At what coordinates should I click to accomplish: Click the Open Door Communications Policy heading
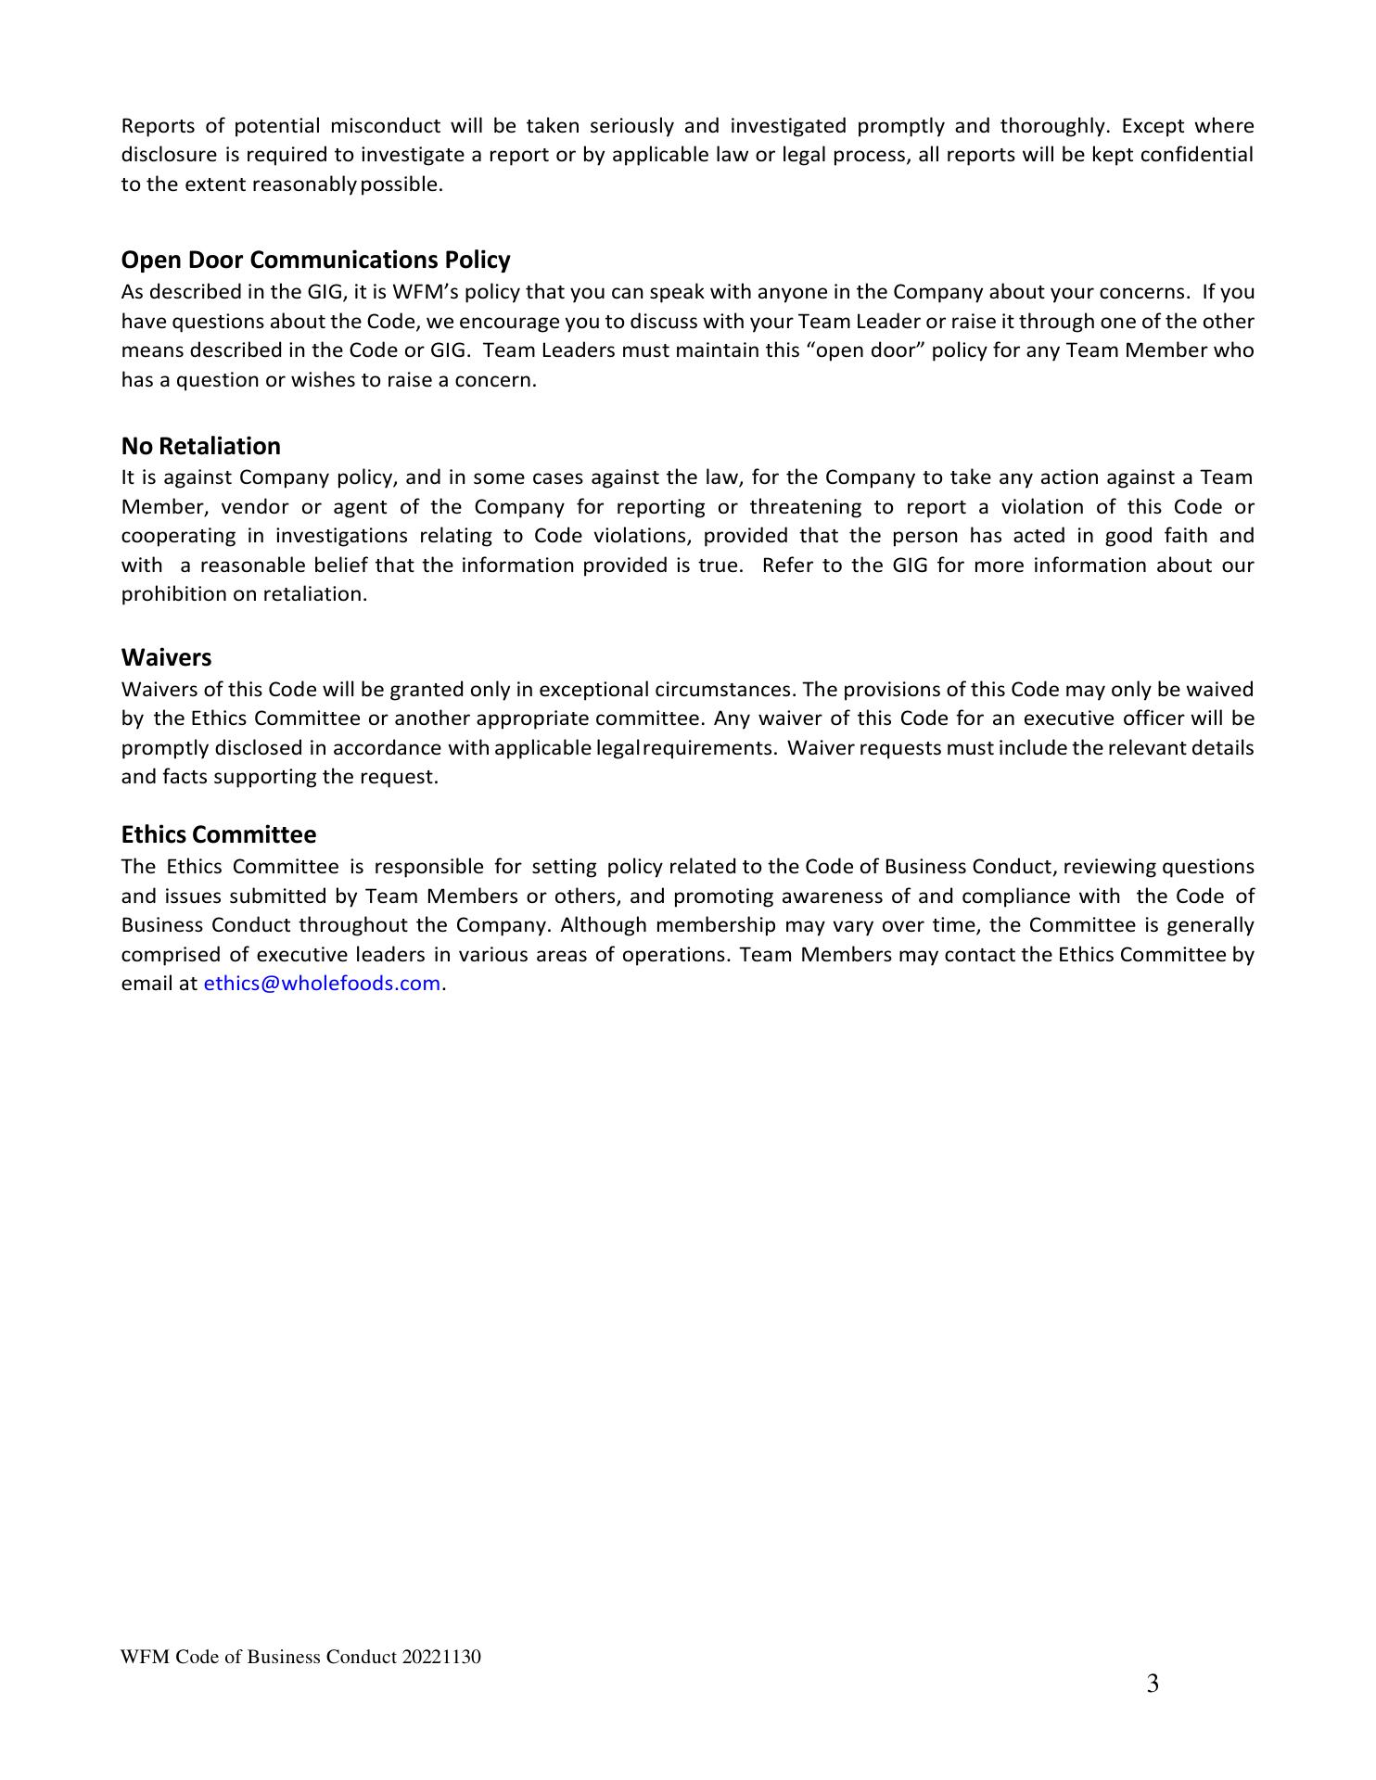[315, 260]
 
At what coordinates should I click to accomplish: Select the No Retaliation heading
[200, 446]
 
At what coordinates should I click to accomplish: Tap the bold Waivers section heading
[166, 657]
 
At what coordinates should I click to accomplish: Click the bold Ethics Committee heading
[218, 834]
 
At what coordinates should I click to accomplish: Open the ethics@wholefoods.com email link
[322, 984]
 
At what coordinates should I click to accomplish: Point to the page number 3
[1152, 1684]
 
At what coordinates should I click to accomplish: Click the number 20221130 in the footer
[441, 1657]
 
